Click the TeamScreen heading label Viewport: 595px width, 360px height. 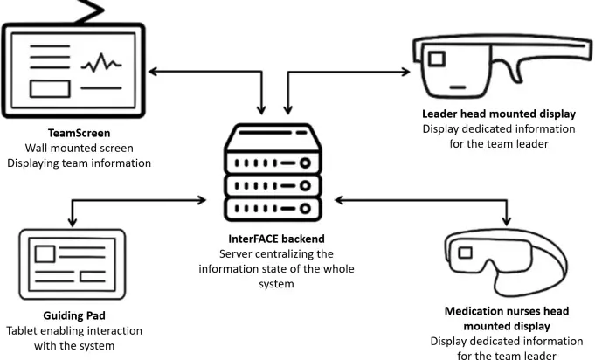coord(79,133)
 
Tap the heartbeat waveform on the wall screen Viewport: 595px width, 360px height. coord(101,63)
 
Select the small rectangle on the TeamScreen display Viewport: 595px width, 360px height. coord(50,89)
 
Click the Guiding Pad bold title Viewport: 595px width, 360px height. coord(74,315)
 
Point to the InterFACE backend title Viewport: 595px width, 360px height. coord(276,239)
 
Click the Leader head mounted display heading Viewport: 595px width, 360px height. coord(499,114)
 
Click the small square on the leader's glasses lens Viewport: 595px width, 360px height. coord(437,59)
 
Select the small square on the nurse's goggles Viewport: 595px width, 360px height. coord(465,253)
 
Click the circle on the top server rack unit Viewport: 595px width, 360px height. coord(305,163)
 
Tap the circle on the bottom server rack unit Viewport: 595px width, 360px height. coord(305,209)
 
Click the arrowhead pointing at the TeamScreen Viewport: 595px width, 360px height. coord(153,72)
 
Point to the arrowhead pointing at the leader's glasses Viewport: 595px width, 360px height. coord(405,72)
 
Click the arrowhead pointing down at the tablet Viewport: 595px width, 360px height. coord(73,222)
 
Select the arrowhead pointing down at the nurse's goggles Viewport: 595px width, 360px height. coord(507,221)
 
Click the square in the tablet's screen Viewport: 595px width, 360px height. coord(45,253)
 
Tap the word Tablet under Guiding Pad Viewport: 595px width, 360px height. coord(23,331)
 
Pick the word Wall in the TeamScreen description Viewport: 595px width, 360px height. coord(37,148)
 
